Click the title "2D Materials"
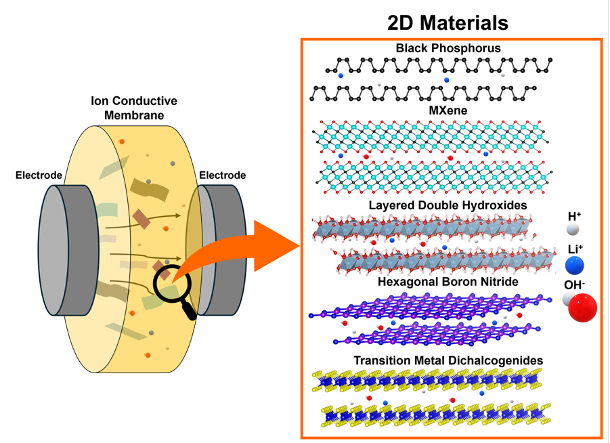(448, 22)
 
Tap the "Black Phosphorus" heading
(448, 48)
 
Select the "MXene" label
(448, 110)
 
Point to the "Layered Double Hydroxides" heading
(448, 205)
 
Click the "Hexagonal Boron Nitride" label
(448, 282)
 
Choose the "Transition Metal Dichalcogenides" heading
(448, 360)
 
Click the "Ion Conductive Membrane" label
(134, 108)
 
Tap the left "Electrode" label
(39, 175)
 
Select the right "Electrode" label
(222, 175)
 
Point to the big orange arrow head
(276, 246)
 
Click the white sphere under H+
(573, 229)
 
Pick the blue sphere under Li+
(575, 265)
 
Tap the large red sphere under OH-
(582, 308)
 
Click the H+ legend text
(574, 217)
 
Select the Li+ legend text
(575, 249)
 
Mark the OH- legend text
(575, 284)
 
